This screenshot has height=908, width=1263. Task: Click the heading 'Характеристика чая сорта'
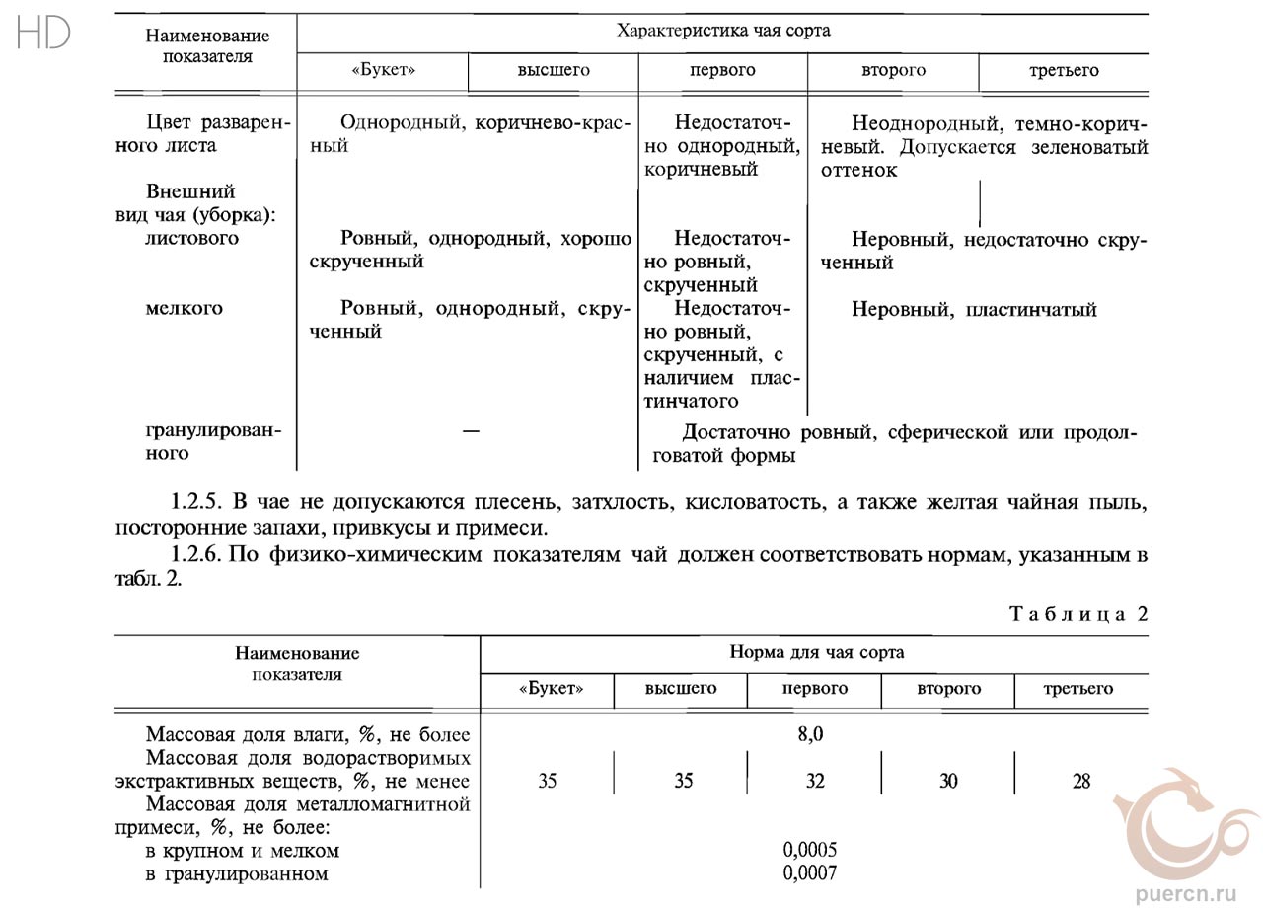tap(722, 31)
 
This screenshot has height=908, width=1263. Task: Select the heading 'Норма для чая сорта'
tap(816, 653)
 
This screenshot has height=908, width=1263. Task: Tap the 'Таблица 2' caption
tap(1078, 614)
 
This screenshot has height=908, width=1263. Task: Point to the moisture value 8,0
tap(809, 735)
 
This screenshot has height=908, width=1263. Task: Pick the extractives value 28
tap(1081, 782)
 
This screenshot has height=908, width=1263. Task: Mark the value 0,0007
tap(809, 873)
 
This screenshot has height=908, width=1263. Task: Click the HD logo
tap(43, 34)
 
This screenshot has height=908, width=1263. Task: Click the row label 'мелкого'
tap(185, 309)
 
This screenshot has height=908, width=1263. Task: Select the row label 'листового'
tap(191, 239)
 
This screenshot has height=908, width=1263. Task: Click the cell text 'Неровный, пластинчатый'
tap(974, 310)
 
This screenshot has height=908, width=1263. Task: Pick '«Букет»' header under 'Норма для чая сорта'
tap(551, 689)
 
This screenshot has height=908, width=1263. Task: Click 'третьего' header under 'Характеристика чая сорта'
tap(1063, 71)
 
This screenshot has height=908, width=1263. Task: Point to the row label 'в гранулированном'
tap(237, 873)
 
